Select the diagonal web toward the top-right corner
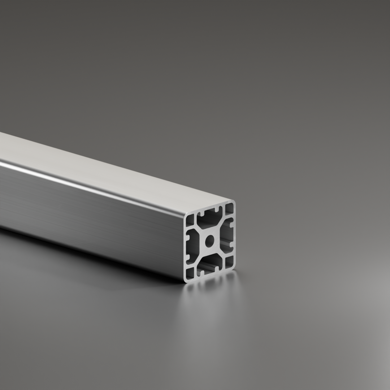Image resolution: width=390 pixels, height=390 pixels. (220, 225)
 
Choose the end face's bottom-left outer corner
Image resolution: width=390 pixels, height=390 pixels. (186, 280)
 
